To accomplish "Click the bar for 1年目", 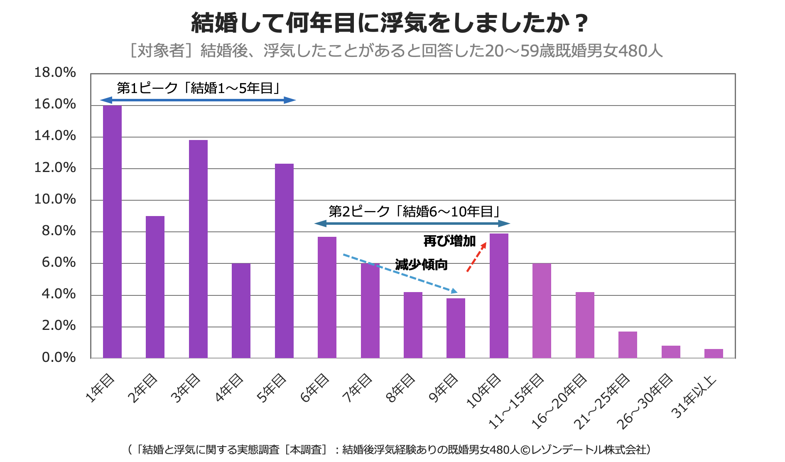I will pos(112,232).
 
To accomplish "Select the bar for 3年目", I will pos(198,249).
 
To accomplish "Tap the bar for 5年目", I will pos(284,261).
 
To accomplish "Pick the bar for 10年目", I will pos(499,296).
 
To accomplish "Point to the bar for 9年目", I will pos(456,328).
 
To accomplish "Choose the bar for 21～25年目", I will pos(628,345).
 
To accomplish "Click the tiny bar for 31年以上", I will pos(714,354).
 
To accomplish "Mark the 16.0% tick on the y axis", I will pos(55,104).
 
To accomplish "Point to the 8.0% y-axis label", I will pos(59,231).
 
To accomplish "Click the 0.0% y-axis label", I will pos(59,357).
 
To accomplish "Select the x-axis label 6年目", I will pos(314,388).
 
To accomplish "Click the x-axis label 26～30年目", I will pos(644,401).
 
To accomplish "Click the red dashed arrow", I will pos(476,257).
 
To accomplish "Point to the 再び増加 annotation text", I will pos(449,241).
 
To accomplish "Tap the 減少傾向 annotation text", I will pos(421,265).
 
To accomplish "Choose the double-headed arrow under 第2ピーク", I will pos(412,224).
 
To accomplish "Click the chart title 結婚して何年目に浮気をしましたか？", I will pos(389,23).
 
